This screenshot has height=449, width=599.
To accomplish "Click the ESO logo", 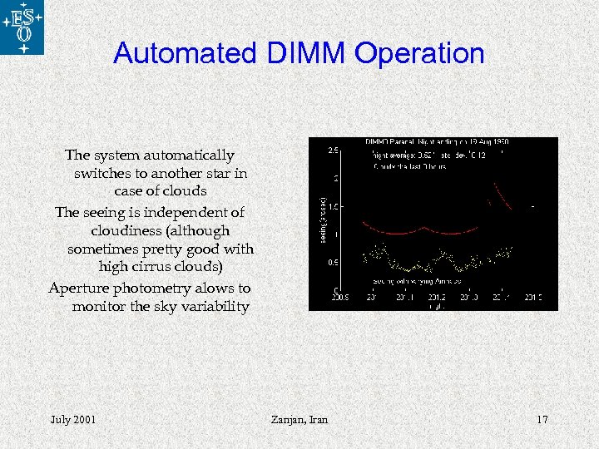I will pos(22,27).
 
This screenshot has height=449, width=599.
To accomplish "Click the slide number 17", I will pos(542,420).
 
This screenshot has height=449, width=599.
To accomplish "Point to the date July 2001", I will pos(72,420).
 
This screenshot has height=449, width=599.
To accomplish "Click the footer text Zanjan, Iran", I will pos(299,420).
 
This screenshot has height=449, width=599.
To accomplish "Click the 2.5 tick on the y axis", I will pos(332,150).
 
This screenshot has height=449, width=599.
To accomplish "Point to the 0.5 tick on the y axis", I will pos(332,263).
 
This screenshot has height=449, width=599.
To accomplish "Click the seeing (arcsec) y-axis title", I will pos(323,220).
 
